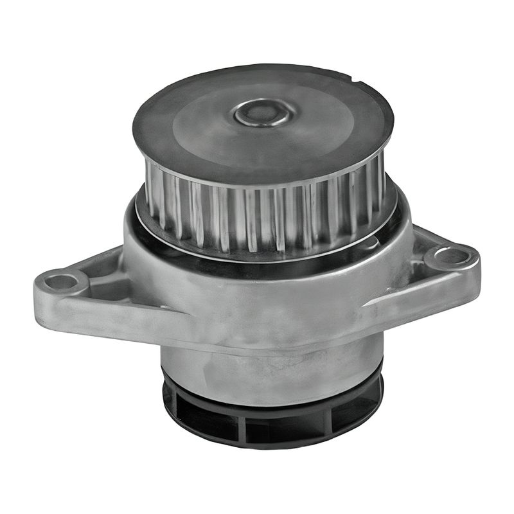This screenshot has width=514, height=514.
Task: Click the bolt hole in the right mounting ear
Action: (x=452, y=256)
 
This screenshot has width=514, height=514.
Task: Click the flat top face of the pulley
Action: (x=193, y=128)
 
